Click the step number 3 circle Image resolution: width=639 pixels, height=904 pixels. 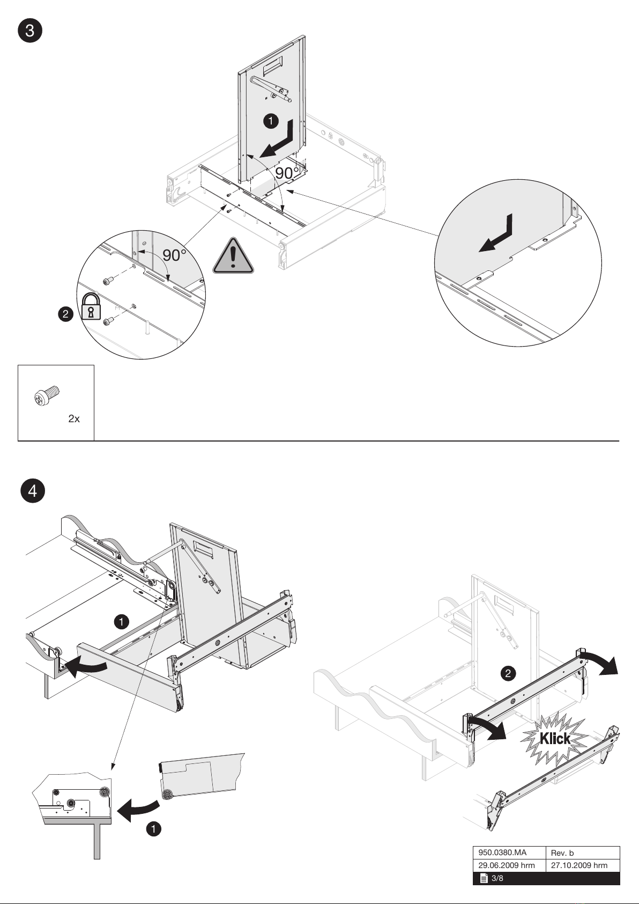click(30, 30)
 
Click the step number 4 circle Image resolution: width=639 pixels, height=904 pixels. click(33, 491)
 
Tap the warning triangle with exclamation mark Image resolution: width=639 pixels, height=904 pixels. click(233, 256)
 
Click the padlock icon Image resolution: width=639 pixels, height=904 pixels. click(91, 307)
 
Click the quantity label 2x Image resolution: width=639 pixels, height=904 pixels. click(74, 419)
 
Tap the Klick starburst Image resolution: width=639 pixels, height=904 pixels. click(555, 739)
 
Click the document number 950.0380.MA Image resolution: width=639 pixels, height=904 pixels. click(502, 852)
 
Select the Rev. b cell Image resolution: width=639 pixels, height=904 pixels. click(562, 852)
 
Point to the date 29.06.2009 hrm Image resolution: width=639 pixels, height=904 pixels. click(507, 865)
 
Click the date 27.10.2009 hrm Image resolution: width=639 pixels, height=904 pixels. click(579, 865)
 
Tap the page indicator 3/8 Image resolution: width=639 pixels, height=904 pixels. click(497, 878)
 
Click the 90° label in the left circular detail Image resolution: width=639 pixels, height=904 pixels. click(174, 255)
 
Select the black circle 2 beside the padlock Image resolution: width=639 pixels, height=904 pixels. click(66, 314)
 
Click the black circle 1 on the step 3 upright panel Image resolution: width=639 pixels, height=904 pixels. click(271, 121)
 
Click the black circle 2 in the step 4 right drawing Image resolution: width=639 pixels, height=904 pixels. click(508, 673)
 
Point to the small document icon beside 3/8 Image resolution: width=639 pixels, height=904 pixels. click(484, 878)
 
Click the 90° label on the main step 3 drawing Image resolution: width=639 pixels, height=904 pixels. click(287, 173)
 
